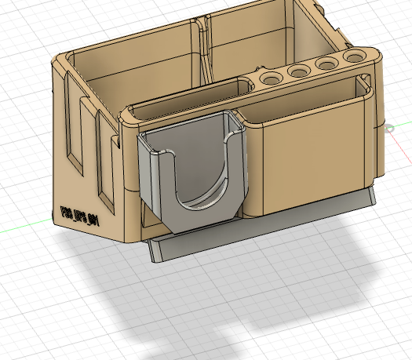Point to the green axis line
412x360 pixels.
[x=24, y=228]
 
